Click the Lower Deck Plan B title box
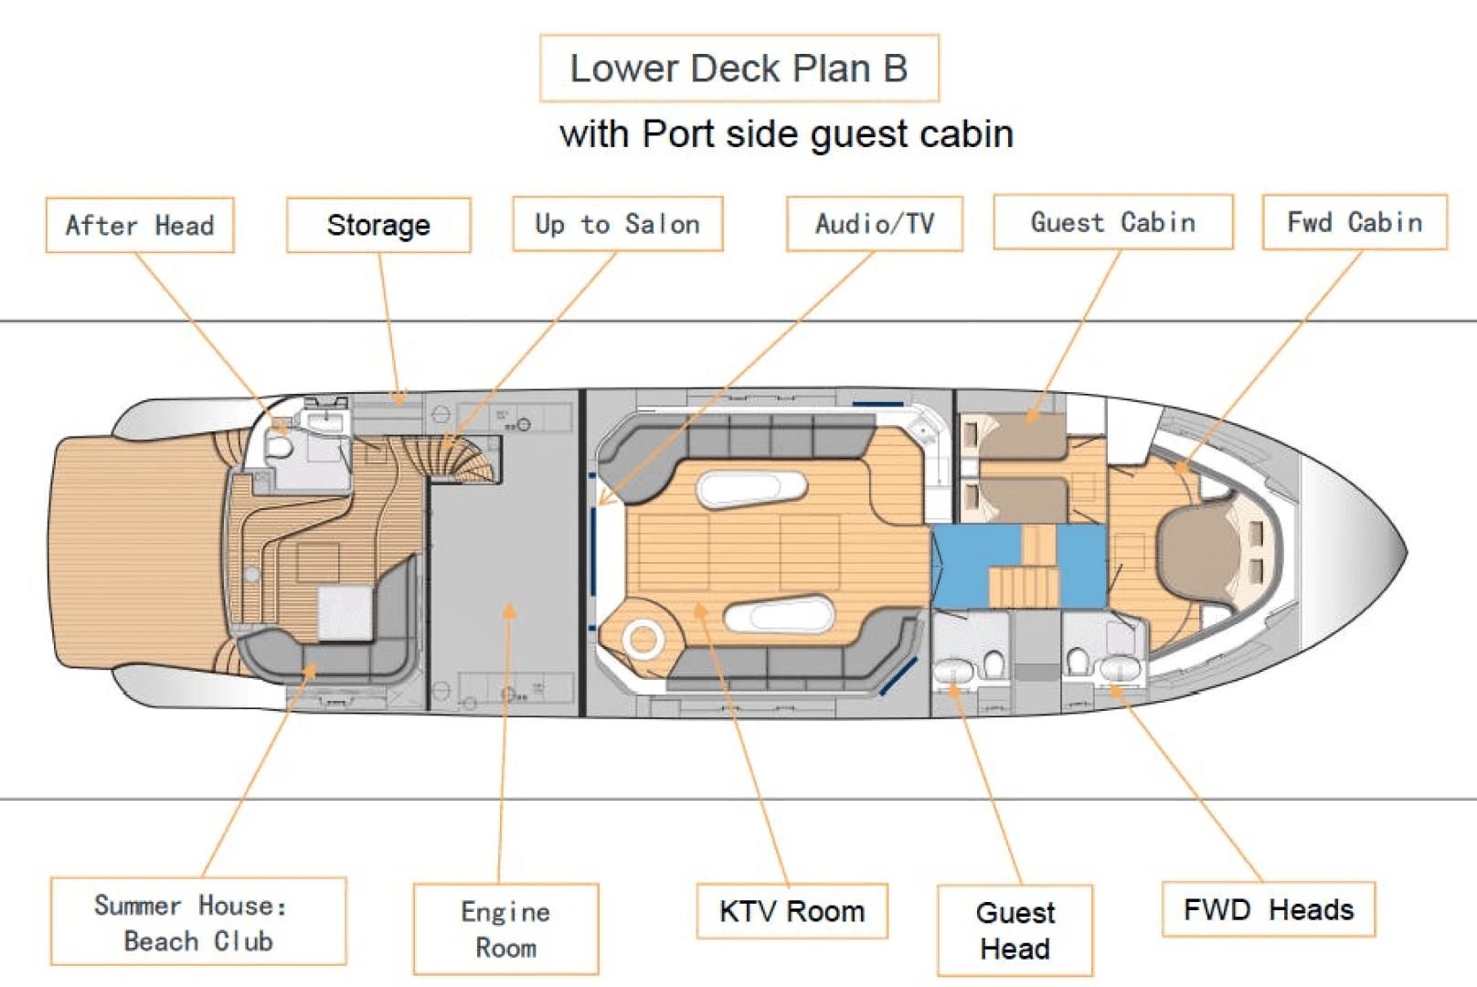pyautogui.click(x=738, y=69)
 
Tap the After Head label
pyautogui.click(x=140, y=225)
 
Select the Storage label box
pyautogui.click(x=378, y=225)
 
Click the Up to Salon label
pyautogui.click(x=617, y=224)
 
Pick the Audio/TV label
pyautogui.click(x=875, y=224)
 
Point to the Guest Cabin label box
pyautogui.click(x=1112, y=222)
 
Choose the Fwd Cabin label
pyautogui.click(x=1355, y=222)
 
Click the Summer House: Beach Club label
pyautogui.click(x=198, y=922)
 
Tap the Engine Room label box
pyautogui.click(x=505, y=929)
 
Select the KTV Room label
pyautogui.click(x=792, y=911)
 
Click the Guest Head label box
pyautogui.click(x=1015, y=930)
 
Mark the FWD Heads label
pyautogui.click(x=1268, y=909)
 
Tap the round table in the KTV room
pyautogui.click(x=643, y=640)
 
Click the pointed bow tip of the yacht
pyautogui.click(x=1404, y=551)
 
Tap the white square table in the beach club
pyautogui.click(x=345, y=612)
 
